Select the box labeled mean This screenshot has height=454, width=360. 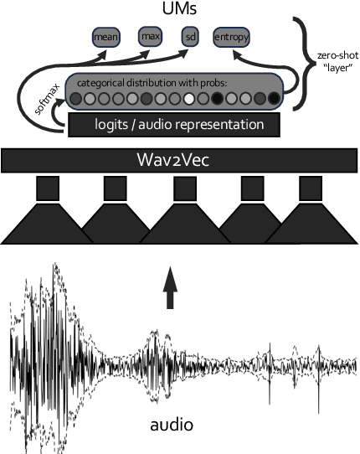(105, 37)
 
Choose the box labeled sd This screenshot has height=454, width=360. (193, 37)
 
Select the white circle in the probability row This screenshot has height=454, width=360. (189, 99)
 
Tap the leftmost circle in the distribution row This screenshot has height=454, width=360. (76, 99)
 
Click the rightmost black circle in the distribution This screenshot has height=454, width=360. (275, 99)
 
